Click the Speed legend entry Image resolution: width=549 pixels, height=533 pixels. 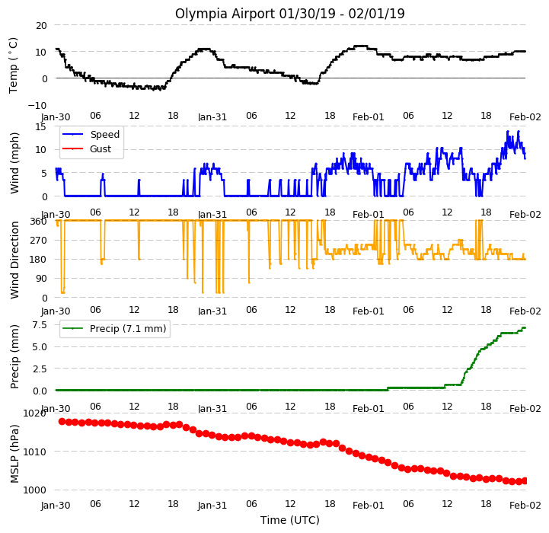[91, 135]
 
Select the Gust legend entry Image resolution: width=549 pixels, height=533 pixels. [87, 148]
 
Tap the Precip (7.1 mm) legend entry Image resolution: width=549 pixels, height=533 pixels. [114, 328]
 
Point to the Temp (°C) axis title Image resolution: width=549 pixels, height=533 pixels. [13, 65]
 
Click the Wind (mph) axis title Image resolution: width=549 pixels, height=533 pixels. [14, 163]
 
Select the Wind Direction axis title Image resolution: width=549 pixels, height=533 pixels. [14, 260]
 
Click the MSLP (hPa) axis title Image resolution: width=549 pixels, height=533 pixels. [14, 454]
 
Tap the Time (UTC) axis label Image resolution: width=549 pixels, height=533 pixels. [290, 520]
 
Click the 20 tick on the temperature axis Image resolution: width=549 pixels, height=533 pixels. [41, 26]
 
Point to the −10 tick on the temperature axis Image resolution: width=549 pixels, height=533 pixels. [37, 105]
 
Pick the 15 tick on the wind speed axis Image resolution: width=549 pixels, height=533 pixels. [40, 126]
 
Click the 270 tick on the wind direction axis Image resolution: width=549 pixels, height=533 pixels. [39, 241]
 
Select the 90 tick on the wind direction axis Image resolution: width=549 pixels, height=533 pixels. [41, 279]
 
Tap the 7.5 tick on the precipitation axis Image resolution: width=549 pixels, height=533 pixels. [40, 325]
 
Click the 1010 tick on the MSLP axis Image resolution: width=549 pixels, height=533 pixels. [35, 452]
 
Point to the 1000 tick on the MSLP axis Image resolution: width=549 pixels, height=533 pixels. [35, 490]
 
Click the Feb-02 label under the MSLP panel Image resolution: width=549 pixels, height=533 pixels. [525, 506]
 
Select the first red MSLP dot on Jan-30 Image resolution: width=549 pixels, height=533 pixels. [62, 421]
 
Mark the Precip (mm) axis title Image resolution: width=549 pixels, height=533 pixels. [14, 357]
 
